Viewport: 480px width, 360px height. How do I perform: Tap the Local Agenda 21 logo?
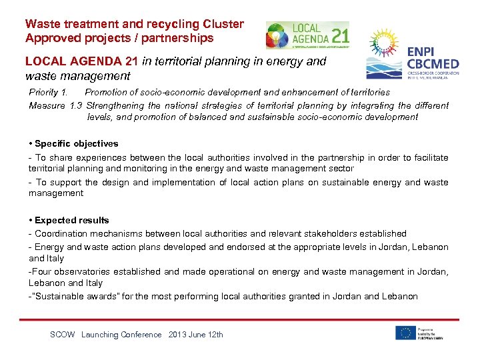tap(307, 35)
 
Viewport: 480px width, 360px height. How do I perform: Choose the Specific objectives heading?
tap(76, 143)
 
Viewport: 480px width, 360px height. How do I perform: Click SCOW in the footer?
tap(63, 335)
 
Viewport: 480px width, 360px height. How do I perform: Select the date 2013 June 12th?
tap(196, 335)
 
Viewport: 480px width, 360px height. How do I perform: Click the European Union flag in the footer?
tap(405, 332)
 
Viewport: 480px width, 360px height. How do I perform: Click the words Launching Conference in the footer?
tap(121, 335)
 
